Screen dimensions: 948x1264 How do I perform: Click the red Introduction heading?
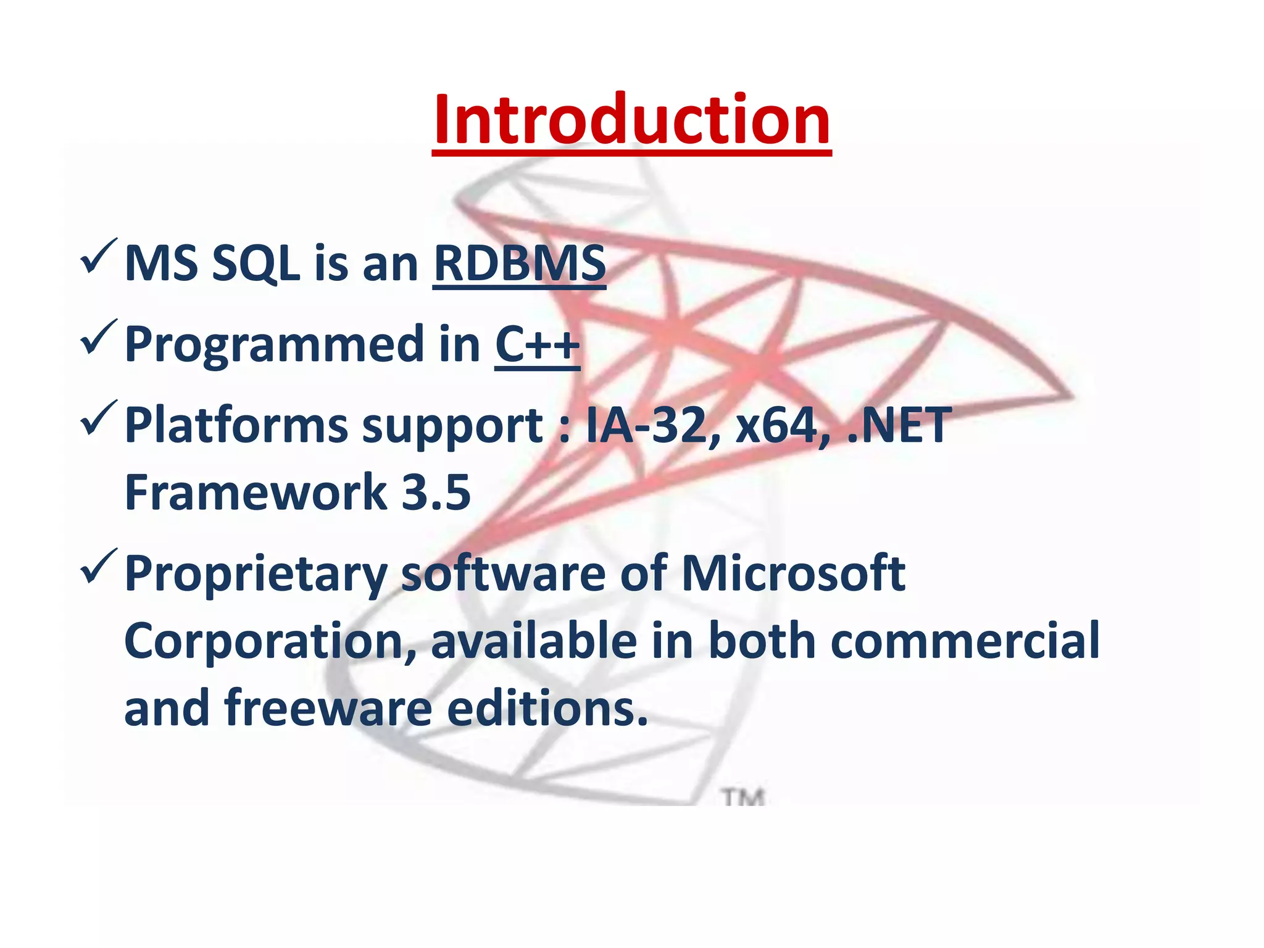click(631, 120)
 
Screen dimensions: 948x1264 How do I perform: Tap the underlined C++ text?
click(537, 344)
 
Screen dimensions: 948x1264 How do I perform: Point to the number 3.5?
click(436, 493)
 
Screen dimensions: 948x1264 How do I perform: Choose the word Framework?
click(255, 493)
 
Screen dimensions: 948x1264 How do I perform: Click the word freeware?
click(328, 709)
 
